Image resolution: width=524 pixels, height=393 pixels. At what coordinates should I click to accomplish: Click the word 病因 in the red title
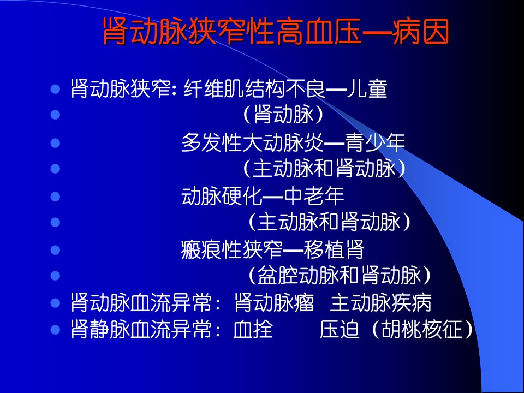[x=420, y=32]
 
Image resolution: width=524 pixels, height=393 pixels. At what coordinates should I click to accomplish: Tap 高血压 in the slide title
[x=319, y=32]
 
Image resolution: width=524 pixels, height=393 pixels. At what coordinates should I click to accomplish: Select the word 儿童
[x=367, y=89]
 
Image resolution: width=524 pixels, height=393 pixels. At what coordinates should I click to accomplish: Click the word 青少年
[x=375, y=142]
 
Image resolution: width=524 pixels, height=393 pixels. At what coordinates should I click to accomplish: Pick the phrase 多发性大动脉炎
[x=252, y=142]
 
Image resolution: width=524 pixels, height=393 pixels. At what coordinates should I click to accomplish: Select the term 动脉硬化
[x=222, y=196]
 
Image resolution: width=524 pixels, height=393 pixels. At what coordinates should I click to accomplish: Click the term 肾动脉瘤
[x=274, y=303]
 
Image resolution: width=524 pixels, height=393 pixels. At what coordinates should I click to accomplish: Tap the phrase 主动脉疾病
[x=380, y=303]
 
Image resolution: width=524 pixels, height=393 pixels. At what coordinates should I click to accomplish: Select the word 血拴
[x=253, y=329]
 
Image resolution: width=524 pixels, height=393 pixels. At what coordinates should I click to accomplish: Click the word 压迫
[x=339, y=329]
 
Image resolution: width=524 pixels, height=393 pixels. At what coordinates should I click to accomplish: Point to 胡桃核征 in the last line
[x=422, y=329]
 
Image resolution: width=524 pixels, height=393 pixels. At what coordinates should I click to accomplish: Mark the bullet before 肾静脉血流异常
[x=55, y=330]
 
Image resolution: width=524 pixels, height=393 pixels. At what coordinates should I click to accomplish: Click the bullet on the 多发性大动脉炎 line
[x=55, y=143]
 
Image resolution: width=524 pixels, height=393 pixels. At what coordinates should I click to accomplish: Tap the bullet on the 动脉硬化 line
[x=55, y=196]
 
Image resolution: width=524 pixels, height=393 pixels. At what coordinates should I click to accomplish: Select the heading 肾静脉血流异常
[x=141, y=329]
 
